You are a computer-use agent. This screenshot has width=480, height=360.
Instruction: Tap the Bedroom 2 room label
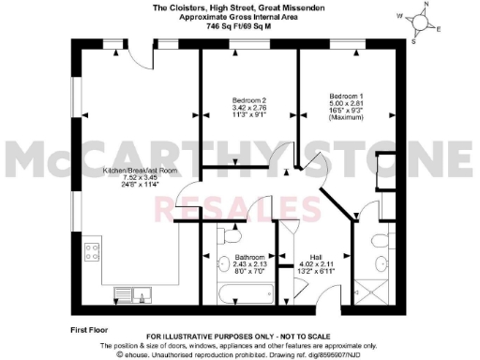tap(250, 99)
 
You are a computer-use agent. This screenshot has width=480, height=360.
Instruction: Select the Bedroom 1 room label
tap(346, 97)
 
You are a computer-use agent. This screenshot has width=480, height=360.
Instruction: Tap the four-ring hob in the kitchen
tap(93, 251)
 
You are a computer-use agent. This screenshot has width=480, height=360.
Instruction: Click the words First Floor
tap(91, 331)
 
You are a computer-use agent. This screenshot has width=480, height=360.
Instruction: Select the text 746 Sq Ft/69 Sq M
tap(241, 28)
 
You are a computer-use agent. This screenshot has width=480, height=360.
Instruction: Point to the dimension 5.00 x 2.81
tap(346, 103)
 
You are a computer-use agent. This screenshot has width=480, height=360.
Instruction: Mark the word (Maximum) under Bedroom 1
tap(346, 117)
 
